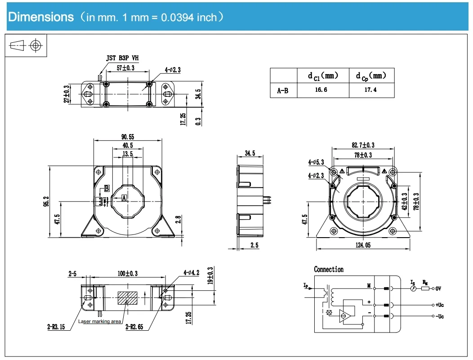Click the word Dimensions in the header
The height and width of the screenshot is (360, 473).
pyautogui.click(x=41, y=17)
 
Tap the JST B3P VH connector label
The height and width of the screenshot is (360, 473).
pyautogui.click(x=123, y=58)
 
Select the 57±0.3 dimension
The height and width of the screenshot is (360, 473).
pyautogui.click(x=126, y=68)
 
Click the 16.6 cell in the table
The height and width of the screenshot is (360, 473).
pyautogui.click(x=321, y=90)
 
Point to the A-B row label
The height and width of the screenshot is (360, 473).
pyautogui.click(x=283, y=90)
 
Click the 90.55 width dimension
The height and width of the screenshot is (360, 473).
pyautogui.click(x=128, y=137)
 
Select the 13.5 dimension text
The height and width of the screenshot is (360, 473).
pyautogui.click(x=128, y=154)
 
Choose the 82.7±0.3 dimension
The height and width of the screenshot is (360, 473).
pyautogui.click(x=363, y=145)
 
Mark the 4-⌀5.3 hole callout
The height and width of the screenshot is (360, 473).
pyautogui.click(x=316, y=162)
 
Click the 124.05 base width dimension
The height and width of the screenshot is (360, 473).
pyautogui.click(x=363, y=245)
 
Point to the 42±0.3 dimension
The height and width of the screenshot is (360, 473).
pyautogui.click(x=404, y=201)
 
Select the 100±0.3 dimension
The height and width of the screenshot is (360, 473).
pyautogui.click(x=128, y=273)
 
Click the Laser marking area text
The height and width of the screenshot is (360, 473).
pyautogui.click(x=99, y=321)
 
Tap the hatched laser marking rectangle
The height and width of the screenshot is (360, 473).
pyautogui.click(x=128, y=298)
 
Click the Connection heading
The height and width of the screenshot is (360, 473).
pyautogui.click(x=329, y=269)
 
